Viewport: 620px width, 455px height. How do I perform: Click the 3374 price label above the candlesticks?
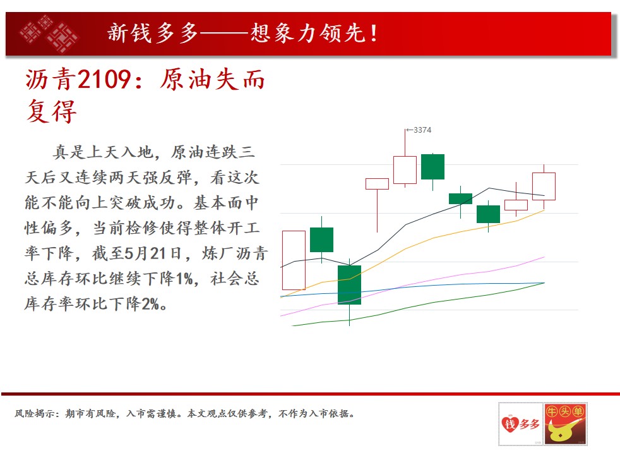point(422,130)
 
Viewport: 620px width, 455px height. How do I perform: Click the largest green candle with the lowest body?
point(350,285)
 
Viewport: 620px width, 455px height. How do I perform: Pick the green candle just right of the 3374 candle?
point(432,167)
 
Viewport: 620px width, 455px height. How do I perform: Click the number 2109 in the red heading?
point(104,79)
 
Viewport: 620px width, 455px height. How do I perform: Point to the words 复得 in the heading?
point(51,111)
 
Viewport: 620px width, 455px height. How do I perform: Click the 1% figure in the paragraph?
point(184,279)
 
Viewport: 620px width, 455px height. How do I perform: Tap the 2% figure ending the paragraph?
point(150,304)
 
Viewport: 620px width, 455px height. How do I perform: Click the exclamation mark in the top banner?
point(374,33)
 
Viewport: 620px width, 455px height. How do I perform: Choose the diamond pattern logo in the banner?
point(49,34)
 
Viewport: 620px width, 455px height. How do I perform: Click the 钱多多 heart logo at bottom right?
point(521,424)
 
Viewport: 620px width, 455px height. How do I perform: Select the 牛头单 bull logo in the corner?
point(566,424)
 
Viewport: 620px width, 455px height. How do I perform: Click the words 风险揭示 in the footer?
point(34,413)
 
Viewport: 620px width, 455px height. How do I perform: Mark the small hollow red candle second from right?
point(516,205)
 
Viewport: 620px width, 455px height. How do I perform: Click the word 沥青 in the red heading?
point(51,79)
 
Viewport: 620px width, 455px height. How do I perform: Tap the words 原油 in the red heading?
point(186,79)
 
